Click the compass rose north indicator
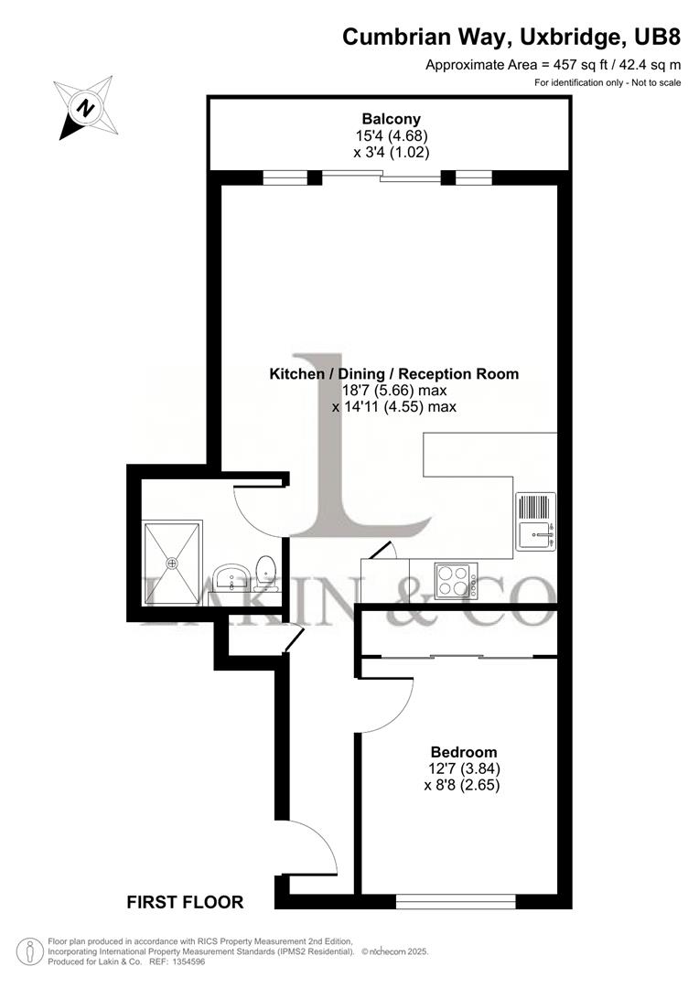pos(85,107)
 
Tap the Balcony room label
pos(391,118)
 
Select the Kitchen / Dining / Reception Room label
pos(393,373)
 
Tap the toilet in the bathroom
pos(266,571)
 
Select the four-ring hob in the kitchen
pos(455,578)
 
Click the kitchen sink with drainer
pos(535,522)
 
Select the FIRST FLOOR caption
pos(185,903)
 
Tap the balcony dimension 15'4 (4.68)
pos(391,135)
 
